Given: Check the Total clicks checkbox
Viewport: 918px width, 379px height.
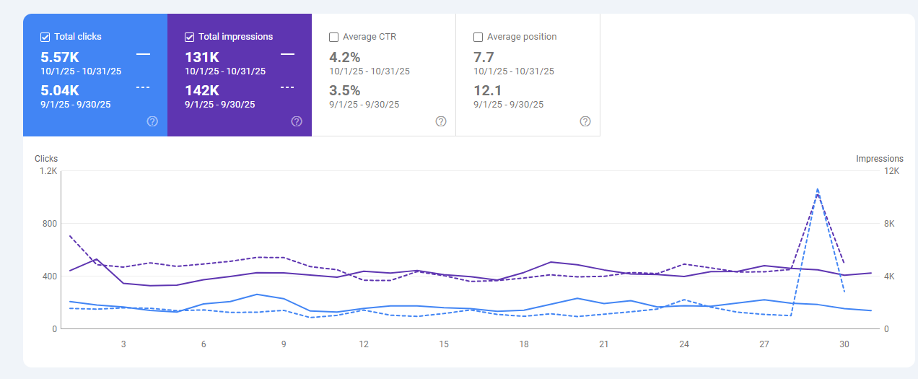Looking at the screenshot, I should pos(45,37).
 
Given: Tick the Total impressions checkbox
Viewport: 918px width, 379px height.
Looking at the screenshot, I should pos(190,37).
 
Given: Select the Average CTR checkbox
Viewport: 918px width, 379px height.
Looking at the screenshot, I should pos(334,37).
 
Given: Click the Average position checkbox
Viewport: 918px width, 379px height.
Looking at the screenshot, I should pos(478,37).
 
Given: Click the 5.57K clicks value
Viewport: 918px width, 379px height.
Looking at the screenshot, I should pos(60,57).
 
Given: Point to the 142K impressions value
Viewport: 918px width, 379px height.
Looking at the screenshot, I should pos(202,90).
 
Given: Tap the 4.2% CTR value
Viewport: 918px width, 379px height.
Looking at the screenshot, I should pos(345,57).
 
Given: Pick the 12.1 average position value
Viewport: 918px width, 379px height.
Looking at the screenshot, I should pos(488,90).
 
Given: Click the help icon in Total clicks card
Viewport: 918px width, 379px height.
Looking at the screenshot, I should pos(152,121).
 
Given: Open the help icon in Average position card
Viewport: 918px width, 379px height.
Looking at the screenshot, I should pos(585,121).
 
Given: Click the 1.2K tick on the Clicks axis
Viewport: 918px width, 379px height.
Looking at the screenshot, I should pos(48,171).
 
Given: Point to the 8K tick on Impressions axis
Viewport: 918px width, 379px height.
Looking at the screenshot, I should pos(891,224).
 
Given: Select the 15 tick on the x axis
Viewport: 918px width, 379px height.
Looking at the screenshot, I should pos(444,344).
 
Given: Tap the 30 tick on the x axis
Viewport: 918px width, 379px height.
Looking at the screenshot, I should pos(844,344).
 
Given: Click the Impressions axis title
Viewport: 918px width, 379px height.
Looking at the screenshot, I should pos(879,159).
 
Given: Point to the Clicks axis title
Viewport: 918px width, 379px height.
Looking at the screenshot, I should pos(46,159).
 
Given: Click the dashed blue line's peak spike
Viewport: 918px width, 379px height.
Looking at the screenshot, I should pos(817,189).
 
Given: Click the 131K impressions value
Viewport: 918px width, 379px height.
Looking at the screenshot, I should pos(202,57).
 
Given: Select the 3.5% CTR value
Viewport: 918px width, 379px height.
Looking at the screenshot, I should pos(345,90).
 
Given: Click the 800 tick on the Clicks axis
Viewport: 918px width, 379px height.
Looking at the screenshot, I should pos(49,224).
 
